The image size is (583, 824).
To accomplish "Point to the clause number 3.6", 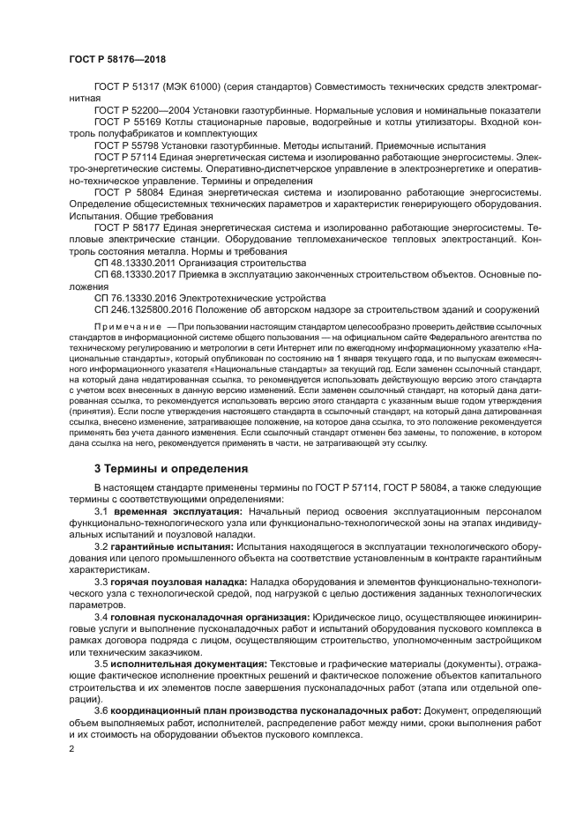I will coord(101,711).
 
